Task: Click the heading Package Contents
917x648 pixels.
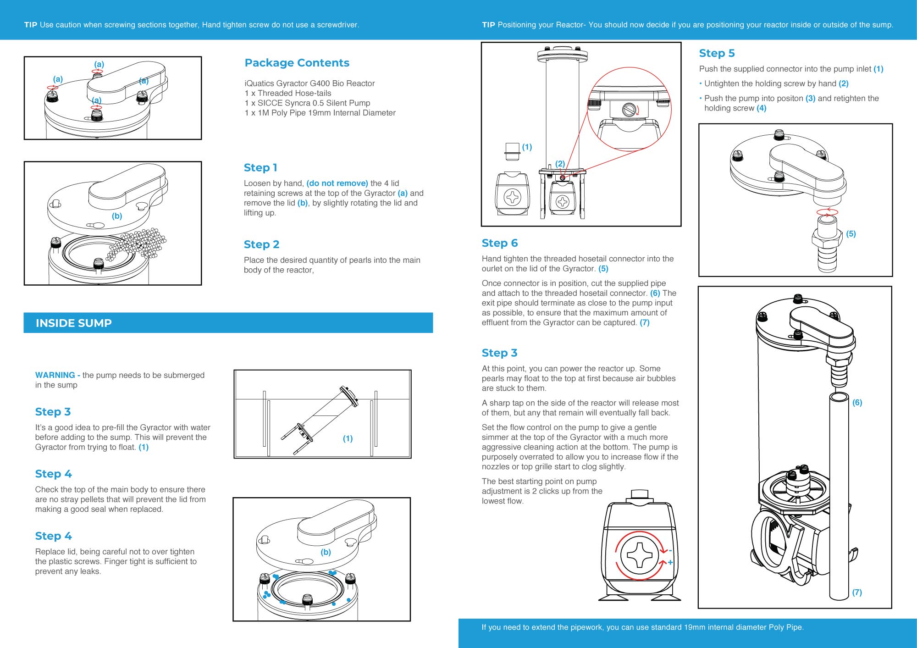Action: pos(297,63)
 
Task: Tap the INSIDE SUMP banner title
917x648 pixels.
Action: pos(73,323)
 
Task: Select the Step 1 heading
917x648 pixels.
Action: pos(260,168)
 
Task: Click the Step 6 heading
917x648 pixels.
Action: pos(499,243)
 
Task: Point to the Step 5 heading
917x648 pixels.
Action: pos(717,53)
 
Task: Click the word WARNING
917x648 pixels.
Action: pos(55,375)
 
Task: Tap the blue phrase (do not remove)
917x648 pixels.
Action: pos(337,183)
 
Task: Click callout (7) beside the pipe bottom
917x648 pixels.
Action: pos(856,593)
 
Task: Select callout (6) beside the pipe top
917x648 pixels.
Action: pos(857,403)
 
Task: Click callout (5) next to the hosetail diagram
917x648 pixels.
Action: pos(851,234)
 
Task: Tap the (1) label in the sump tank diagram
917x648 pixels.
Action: pos(348,439)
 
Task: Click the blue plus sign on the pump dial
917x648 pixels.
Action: pos(670,562)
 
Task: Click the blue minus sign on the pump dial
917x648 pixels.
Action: pos(670,550)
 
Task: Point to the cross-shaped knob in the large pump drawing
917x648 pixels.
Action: pos(639,555)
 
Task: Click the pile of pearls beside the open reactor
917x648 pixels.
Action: pos(138,243)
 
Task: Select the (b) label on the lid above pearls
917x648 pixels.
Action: pos(117,216)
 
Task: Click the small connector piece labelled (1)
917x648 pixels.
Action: pos(512,151)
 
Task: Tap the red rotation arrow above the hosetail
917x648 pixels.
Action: pos(827,211)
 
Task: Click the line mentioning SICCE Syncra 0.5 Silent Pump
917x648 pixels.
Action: pos(307,103)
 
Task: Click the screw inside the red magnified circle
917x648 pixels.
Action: pos(629,110)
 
